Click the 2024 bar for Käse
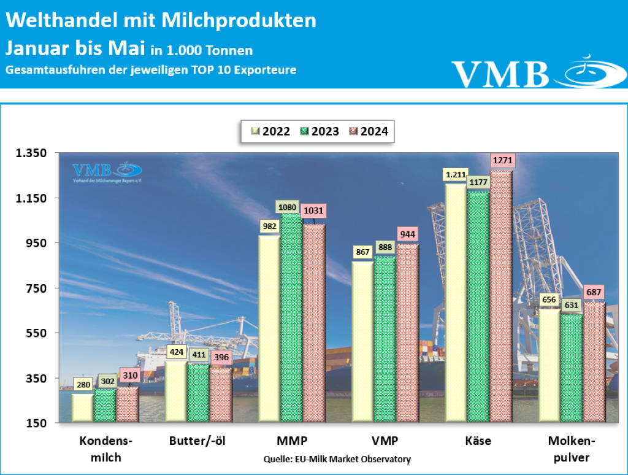coord(501,296)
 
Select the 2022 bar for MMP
coord(268,328)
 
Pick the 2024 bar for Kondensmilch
coord(128,404)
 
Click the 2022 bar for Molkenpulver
coord(549,365)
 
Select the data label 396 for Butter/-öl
coord(221,358)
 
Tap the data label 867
coord(362,252)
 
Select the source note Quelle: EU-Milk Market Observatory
coord(337,459)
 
